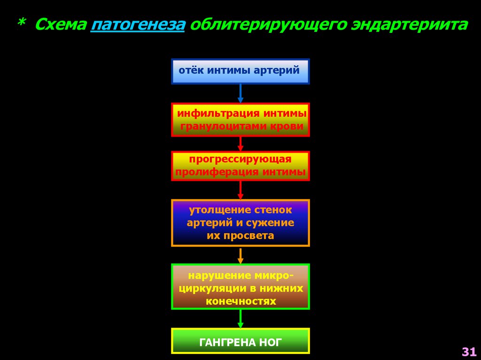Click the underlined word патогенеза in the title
138,25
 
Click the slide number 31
469,352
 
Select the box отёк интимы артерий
240,71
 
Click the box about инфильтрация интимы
240,120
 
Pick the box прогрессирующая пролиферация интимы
240,166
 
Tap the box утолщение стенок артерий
240,223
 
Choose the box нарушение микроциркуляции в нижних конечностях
240,287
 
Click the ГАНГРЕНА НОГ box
240,341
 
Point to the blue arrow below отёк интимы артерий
240,93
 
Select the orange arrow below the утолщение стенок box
240,255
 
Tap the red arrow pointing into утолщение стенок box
240,190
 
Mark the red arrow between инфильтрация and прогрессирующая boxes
240,144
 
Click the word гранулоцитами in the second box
222,126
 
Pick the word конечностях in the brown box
240,301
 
